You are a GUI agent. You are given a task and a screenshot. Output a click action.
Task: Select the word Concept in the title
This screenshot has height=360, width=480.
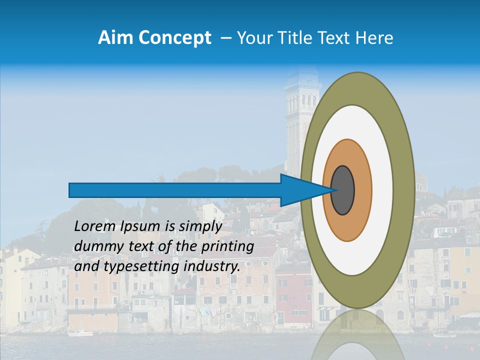[175, 38]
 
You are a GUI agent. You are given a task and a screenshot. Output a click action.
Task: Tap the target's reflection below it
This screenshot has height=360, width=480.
[357, 335]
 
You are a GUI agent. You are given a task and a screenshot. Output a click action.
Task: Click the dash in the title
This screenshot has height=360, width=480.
[225, 38]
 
